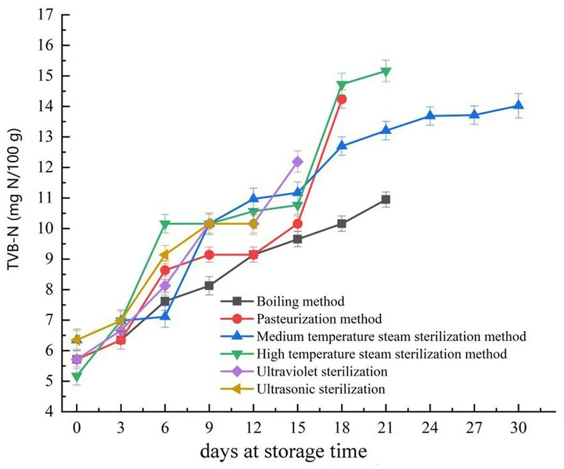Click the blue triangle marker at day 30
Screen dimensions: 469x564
[518, 106]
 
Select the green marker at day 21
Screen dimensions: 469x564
[386, 72]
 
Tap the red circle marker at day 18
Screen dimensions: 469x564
[342, 99]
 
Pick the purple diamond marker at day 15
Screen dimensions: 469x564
[298, 162]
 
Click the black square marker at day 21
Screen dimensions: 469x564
[386, 199]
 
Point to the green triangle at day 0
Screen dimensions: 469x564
[77, 376]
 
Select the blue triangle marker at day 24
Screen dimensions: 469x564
[430, 116]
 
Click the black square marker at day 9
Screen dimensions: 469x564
[209, 286]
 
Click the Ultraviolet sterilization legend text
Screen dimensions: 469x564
[322, 371]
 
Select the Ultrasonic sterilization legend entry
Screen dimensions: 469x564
[321, 389]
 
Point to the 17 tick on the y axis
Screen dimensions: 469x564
[48, 15]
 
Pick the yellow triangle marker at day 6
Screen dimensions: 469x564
[165, 255]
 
